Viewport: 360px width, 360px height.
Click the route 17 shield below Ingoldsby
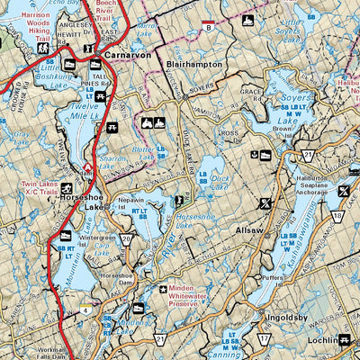[x=265, y=338]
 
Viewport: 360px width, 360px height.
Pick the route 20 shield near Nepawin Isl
[x=127, y=238]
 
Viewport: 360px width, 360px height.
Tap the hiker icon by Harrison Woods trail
[x=42, y=49]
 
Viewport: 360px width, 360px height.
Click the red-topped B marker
[x=209, y=25]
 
